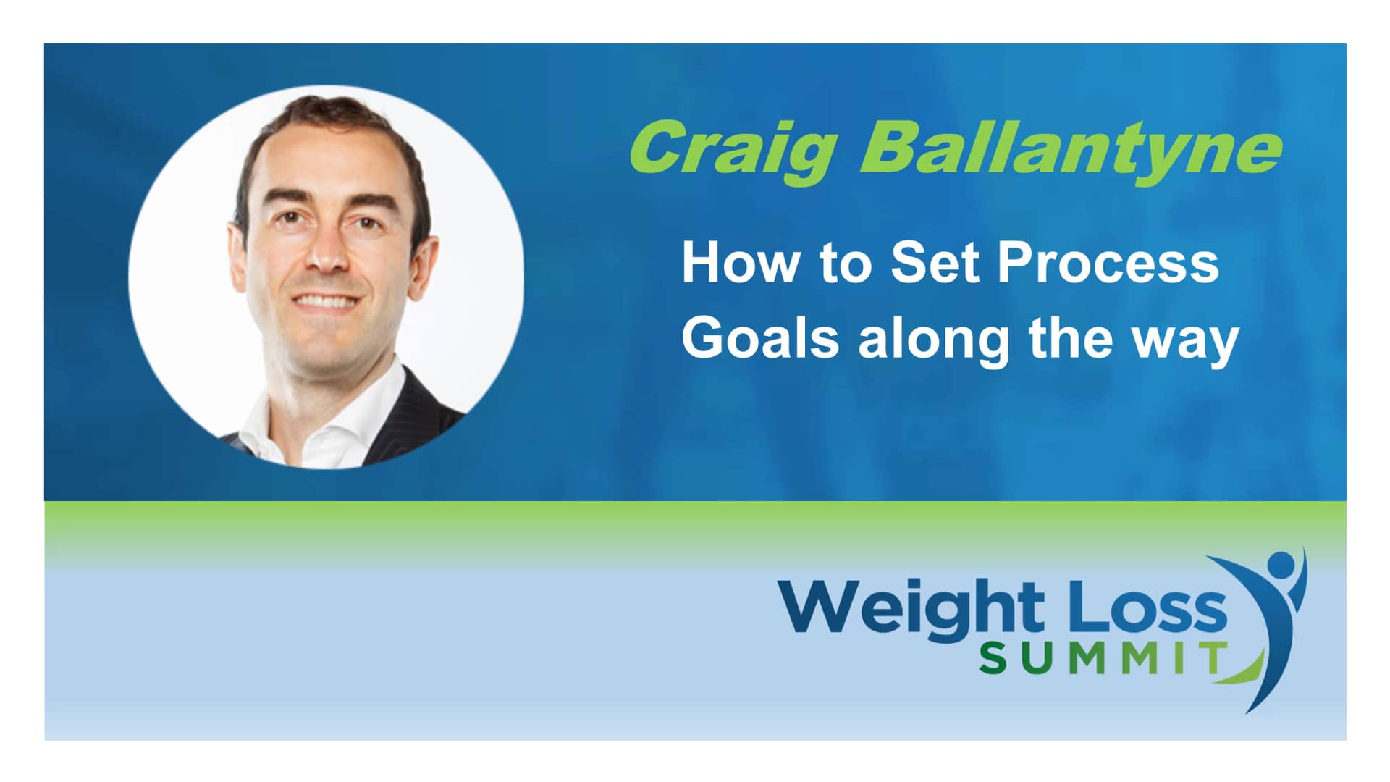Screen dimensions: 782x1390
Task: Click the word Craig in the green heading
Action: click(x=731, y=148)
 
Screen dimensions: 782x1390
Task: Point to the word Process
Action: click(x=1108, y=265)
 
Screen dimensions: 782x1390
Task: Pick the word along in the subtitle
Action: click(x=934, y=340)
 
